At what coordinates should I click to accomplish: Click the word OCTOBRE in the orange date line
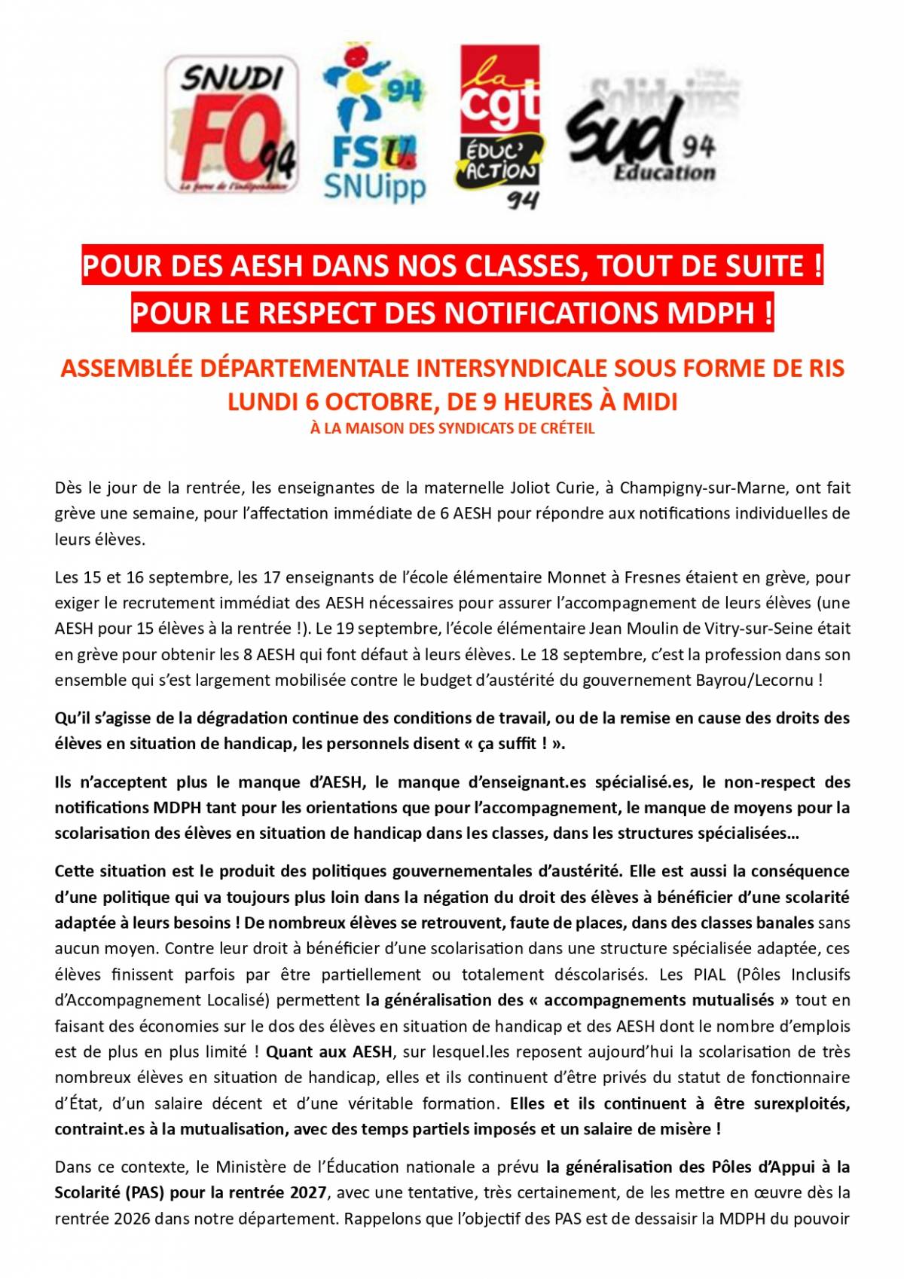point(374,402)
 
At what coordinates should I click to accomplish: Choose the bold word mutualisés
point(735,1000)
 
